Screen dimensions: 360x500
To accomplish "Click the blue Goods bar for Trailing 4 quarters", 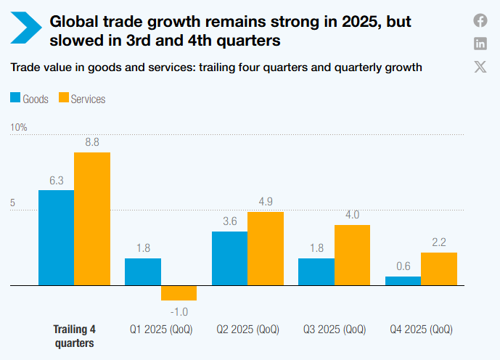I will [56, 238].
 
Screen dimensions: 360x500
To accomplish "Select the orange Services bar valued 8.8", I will [92, 219].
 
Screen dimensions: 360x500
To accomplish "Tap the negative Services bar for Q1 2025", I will [179, 293].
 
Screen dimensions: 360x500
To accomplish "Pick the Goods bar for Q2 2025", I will [229, 259].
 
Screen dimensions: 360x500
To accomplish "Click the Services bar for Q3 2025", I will [352, 255].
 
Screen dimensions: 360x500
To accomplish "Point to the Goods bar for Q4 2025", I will [403, 282].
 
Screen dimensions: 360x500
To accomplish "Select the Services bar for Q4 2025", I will [439, 269].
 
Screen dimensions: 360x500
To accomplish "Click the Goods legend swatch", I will [15, 99].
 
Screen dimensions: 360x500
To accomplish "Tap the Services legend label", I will [88, 99].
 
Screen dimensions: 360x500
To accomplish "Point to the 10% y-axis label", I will [18, 128].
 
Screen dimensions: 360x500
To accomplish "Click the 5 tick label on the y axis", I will [12, 204].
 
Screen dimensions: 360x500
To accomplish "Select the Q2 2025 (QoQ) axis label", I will [247, 329].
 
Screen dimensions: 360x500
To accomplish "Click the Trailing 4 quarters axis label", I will [74, 335].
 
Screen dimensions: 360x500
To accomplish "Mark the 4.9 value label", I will [266, 201].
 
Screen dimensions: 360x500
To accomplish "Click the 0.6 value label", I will [403, 266].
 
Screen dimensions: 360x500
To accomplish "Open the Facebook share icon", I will [480, 20].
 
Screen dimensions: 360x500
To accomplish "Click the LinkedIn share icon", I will [480, 44].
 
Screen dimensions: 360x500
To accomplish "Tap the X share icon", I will [480, 67].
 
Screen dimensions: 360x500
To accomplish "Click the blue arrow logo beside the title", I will [26, 27].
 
